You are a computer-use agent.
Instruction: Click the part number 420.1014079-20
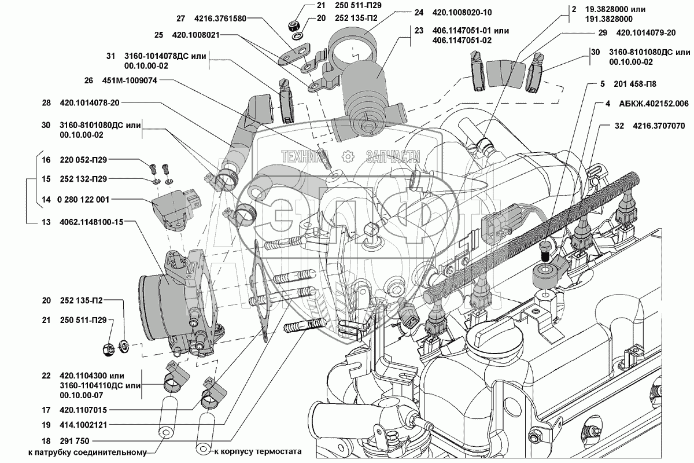(x=652, y=34)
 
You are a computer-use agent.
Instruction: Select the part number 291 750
(x=74, y=440)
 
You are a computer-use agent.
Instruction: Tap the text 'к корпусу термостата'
(x=258, y=451)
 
